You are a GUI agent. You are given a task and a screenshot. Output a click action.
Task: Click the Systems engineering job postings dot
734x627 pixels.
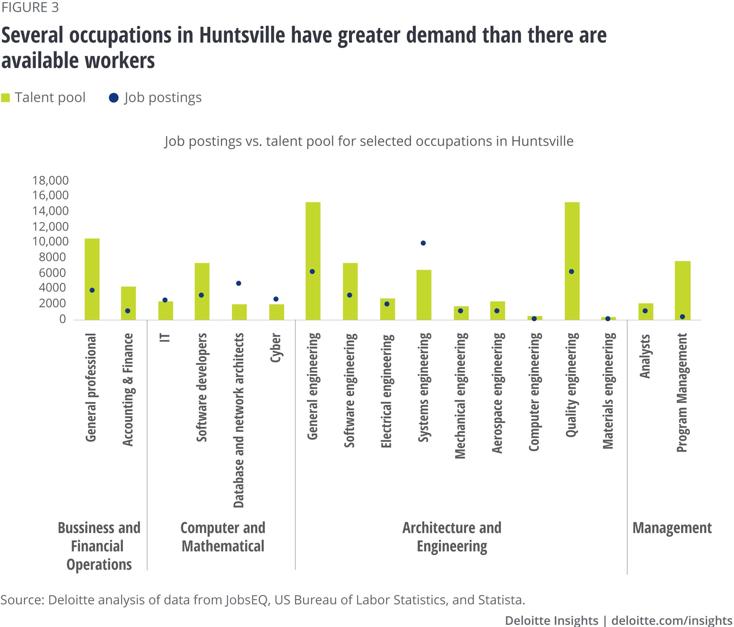[423, 243]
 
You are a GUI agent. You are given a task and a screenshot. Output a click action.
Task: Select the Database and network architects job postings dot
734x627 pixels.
[239, 283]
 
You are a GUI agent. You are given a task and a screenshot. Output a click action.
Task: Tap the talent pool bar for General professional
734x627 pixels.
[92, 279]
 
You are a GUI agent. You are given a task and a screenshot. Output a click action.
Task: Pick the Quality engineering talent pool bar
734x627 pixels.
[572, 261]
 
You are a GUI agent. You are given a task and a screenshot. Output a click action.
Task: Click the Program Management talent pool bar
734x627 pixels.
[683, 290]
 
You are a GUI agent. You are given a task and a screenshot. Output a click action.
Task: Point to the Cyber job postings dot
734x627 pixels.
[276, 299]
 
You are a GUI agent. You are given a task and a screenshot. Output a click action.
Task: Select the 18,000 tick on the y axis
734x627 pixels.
[51, 180]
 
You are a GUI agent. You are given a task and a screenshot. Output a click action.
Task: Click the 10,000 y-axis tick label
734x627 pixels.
[51, 241]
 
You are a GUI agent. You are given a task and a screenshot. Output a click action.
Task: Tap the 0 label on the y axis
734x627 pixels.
[63, 319]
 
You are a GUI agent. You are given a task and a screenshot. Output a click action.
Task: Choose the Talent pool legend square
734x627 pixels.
[6, 98]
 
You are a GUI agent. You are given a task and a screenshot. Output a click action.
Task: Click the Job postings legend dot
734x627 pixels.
[114, 98]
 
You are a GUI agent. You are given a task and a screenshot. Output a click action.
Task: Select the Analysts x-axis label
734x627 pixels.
[645, 356]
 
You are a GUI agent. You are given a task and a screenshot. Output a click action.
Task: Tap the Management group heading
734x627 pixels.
[672, 528]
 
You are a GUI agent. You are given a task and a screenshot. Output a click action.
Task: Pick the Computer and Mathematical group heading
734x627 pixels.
[223, 537]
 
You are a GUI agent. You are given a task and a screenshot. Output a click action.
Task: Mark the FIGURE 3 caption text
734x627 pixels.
[30, 7]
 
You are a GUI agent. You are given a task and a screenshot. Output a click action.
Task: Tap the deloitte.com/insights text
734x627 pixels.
[672, 620]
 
